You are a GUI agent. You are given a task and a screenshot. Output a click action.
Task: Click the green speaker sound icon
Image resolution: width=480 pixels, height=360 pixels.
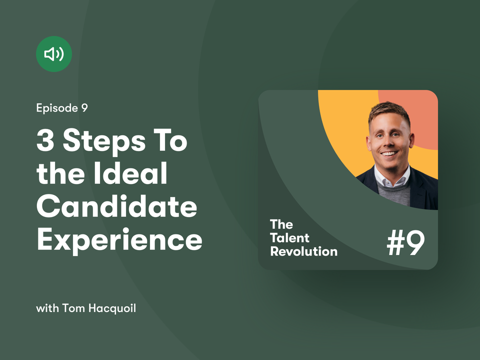[x=54, y=54]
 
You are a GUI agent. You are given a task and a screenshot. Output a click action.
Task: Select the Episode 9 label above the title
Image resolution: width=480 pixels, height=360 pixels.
[x=62, y=108]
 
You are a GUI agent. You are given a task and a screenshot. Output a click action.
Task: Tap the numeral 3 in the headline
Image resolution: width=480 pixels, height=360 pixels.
[x=45, y=140]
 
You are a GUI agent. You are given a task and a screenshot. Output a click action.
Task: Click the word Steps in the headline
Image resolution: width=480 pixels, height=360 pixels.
[x=104, y=141]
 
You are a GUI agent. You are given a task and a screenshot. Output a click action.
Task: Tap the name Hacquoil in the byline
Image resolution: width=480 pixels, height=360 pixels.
[x=112, y=308]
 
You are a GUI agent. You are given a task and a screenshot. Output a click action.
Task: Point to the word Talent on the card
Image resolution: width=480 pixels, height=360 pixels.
[x=290, y=238]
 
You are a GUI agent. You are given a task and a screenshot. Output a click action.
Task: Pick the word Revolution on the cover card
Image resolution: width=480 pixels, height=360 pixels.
[x=304, y=251]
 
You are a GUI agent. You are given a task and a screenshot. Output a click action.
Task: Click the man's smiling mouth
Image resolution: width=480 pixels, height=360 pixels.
[x=389, y=153]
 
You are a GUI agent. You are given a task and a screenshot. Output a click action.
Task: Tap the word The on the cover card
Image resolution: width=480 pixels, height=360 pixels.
[x=281, y=224]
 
